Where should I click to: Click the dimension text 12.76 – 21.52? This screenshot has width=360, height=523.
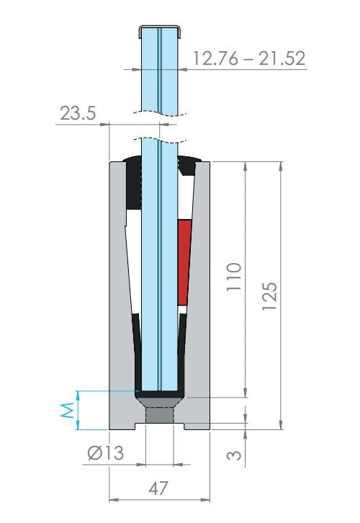coord(249,58)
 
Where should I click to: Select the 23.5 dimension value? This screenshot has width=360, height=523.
coord(78,113)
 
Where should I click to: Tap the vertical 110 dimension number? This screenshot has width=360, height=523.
coord(234,277)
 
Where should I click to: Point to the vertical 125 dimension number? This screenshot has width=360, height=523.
coord(269,297)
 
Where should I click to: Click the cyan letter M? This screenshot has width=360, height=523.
coord(67,411)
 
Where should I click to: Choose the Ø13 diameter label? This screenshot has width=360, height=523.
coord(106,453)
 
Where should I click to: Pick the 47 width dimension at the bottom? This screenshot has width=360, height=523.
coord(158,488)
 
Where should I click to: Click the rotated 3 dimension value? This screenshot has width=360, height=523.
coord(234,455)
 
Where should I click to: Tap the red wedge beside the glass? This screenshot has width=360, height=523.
coord(184,262)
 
